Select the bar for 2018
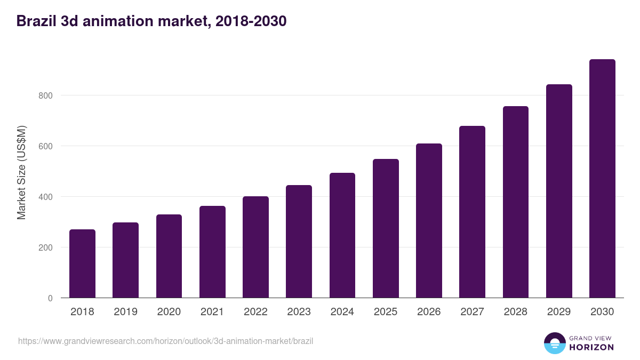click(82, 263)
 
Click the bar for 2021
click(212, 252)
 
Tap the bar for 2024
click(342, 235)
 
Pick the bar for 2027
click(473, 212)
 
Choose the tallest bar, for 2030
click(602, 179)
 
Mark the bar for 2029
click(559, 191)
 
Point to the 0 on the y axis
click(50, 298)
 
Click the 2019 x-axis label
click(125, 312)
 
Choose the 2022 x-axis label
click(255, 312)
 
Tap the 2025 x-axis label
click(386, 312)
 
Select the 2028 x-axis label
click(516, 312)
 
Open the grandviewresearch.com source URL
click(165, 341)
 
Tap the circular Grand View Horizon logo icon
click(554, 343)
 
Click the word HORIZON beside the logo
click(591, 347)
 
